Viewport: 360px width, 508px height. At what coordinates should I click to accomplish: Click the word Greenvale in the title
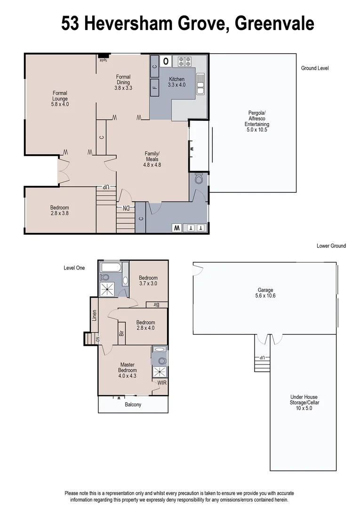coord(274,23)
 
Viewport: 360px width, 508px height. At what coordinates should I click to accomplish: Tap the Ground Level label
coord(315,68)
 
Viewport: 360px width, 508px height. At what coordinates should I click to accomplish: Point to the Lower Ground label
coord(331,246)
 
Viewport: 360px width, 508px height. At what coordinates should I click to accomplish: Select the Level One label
coord(74,268)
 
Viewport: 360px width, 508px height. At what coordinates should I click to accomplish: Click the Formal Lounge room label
coord(60,99)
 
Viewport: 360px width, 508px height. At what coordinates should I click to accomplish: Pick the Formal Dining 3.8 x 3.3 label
coord(123,82)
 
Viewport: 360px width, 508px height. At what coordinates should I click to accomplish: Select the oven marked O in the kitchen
coord(166,61)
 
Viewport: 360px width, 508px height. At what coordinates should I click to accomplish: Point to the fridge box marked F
coord(155,87)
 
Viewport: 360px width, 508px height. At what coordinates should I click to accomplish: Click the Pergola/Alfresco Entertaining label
coord(257,121)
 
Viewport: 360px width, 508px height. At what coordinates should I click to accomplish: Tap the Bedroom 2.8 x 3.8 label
coord(60,211)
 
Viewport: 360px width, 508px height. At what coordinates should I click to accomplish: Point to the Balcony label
coord(133,405)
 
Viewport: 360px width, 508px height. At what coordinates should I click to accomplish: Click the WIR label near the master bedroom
coord(162,383)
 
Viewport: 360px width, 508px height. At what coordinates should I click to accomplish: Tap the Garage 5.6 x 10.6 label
coord(265,293)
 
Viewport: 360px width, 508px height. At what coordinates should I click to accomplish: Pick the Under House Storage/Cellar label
coord(304,403)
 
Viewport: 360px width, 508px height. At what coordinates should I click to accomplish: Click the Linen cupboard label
coord(94,316)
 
